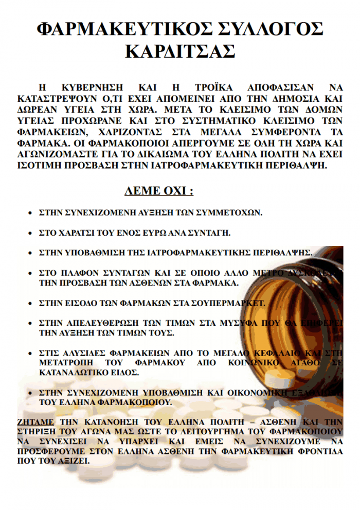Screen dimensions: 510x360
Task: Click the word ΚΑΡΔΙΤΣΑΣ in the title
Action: pos(180,51)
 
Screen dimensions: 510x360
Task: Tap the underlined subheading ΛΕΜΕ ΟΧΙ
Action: pos(159,191)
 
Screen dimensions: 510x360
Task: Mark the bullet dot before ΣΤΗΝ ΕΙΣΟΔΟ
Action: pos(31,304)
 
